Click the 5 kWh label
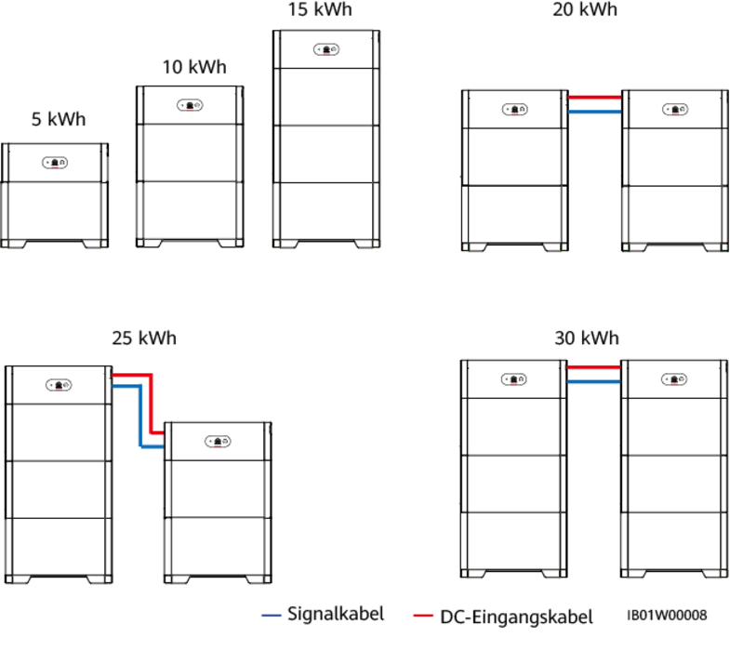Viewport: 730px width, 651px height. click(59, 120)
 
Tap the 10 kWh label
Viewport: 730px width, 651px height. click(193, 68)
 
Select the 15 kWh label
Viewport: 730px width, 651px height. click(321, 10)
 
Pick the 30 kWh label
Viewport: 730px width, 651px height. click(587, 338)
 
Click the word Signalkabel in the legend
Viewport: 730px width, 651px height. click(335, 615)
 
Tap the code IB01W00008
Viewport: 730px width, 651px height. click(667, 616)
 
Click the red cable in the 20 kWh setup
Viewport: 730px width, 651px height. click(593, 97)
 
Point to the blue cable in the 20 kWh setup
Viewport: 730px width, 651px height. click(593, 112)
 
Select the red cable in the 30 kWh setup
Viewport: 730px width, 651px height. click(593, 367)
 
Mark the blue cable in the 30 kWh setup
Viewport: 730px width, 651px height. click(593, 381)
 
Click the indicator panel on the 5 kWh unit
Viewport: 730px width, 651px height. click(56, 163)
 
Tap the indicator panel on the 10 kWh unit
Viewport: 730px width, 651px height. click(190, 105)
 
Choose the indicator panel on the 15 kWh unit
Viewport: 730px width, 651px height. click(325, 48)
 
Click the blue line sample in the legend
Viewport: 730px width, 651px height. click(271, 616)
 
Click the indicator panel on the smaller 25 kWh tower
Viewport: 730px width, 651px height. click(218, 441)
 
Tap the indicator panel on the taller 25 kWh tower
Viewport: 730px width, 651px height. click(59, 384)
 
